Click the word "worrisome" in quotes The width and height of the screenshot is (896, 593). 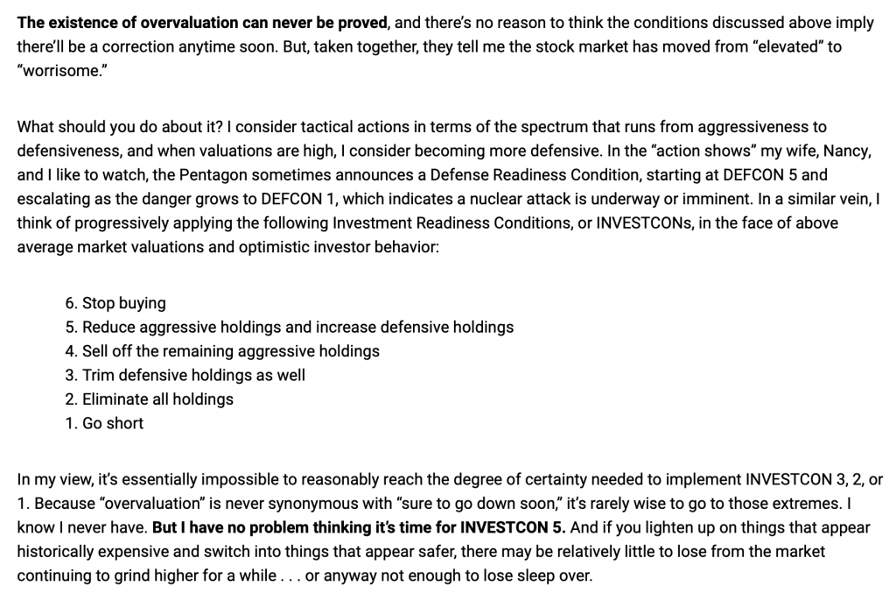[58, 71]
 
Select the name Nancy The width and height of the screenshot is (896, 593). [847, 151]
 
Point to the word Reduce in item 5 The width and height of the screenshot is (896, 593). [109, 327]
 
